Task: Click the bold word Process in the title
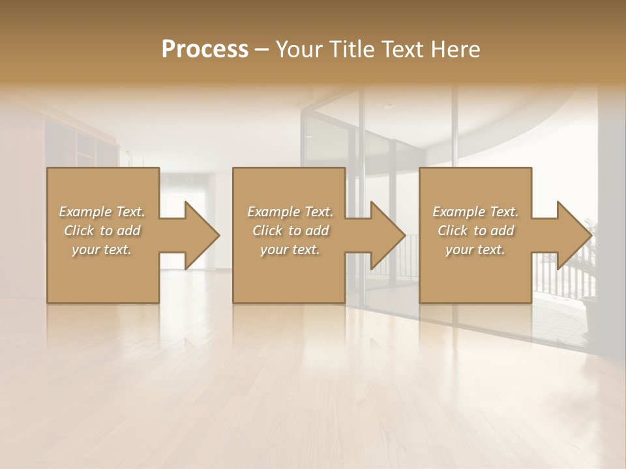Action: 205,50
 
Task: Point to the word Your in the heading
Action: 301,50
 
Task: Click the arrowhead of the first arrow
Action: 202,235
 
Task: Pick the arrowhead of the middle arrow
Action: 388,235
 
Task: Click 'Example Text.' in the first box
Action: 102,212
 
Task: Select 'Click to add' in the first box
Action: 102,231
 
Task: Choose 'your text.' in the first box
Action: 102,249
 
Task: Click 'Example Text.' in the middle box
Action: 290,212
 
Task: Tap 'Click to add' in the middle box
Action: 290,231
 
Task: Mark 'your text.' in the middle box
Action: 290,249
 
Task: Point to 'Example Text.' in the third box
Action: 475,212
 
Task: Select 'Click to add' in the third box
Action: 475,231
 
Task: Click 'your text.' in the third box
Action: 475,249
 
